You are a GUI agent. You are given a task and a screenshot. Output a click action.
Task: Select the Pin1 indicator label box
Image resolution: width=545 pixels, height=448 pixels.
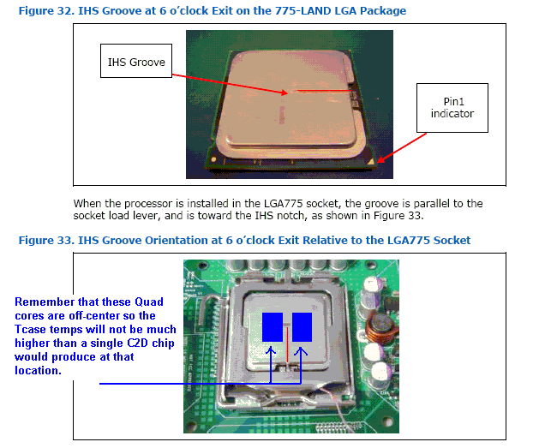452,108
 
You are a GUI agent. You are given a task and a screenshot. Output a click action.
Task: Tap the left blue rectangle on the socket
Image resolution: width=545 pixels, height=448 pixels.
272,326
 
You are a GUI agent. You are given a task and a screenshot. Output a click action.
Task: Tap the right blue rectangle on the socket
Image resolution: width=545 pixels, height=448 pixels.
302,326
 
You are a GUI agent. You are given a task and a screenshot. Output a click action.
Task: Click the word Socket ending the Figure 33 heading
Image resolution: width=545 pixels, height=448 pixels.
451,240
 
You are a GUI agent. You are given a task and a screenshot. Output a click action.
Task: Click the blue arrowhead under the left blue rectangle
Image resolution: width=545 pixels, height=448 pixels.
272,351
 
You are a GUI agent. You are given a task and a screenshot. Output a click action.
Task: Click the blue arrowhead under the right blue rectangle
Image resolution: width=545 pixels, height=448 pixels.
301,351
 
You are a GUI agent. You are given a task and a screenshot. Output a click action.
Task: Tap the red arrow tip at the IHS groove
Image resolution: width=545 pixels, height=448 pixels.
293,89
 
